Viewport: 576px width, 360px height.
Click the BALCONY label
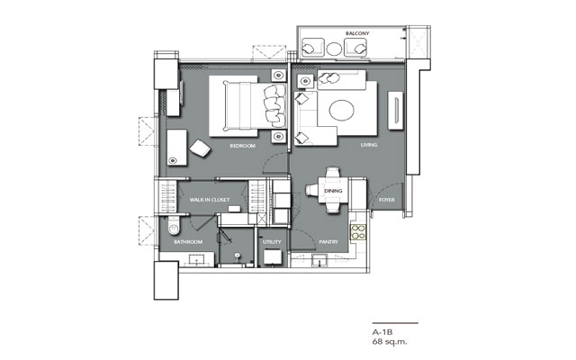click(x=357, y=33)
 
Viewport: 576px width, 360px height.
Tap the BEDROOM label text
click(x=242, y=146)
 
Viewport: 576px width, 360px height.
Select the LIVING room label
click(x=369, y=145)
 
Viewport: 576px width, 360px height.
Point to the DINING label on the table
click(x=333, y=191)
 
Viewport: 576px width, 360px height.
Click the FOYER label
click(x=387, y=200)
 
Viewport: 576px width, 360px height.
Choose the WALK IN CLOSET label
click(x=210, y=200)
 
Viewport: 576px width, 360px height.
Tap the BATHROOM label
click(x=188, y=242)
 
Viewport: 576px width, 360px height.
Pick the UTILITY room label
click(x=272, y=242)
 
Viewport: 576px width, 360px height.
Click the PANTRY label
click(x=328, y=242)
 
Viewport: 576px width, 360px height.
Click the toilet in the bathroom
click(x=174, y=225)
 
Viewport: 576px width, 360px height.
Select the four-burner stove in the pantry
click(x=358, y=232)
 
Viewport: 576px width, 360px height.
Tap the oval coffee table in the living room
click(x=342, y=110)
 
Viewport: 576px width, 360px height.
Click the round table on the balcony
click(x=334, y=49)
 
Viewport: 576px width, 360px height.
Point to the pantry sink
click(x=320, y=260)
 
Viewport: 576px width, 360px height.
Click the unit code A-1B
click(x=382, y=332)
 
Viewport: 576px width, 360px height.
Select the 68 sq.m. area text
click(x=390, y=342)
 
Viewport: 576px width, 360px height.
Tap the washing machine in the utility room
click(x=273, y=256)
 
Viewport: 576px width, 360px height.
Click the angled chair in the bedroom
click(x=200, y=148)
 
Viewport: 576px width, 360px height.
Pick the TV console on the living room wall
click(x=395, y=111)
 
